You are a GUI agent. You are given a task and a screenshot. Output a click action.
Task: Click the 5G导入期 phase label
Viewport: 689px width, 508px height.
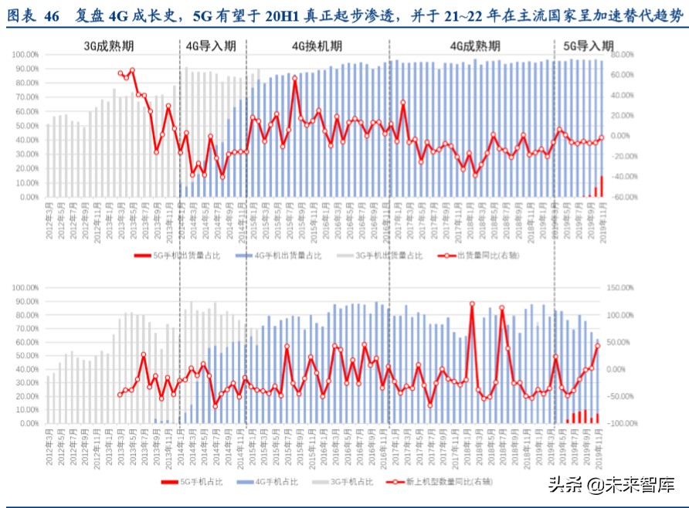coord(589,46)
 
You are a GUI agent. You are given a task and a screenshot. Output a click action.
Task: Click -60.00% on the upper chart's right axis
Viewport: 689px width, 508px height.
coord(622,197)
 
